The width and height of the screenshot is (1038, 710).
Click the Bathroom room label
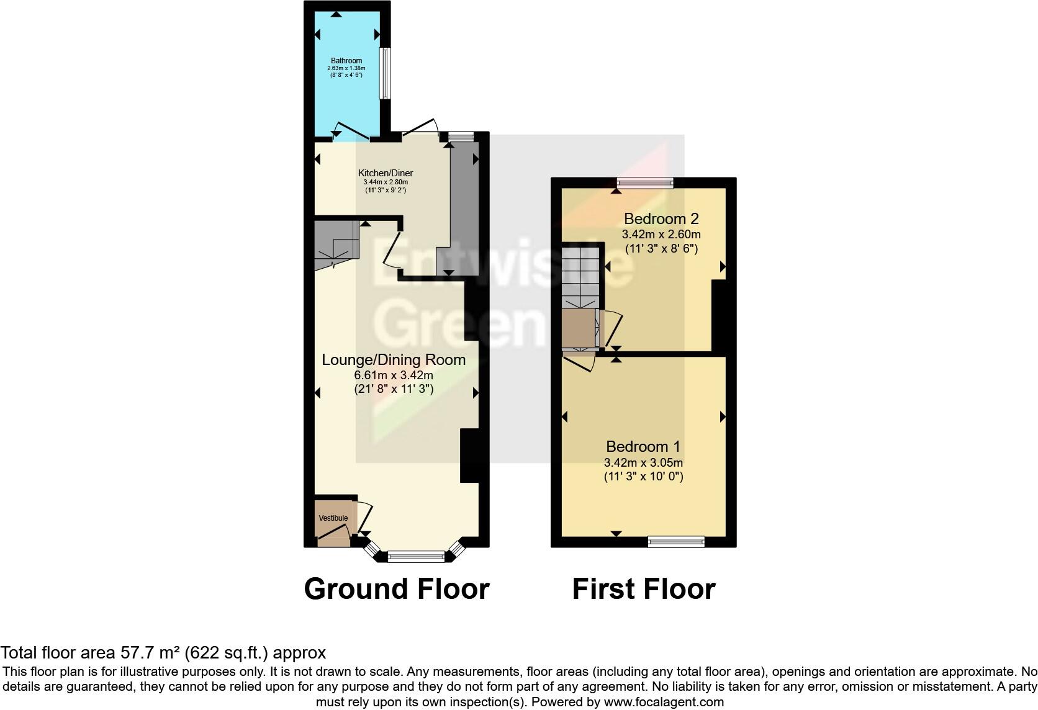[346, 61]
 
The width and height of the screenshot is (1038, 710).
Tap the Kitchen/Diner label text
[385, 173]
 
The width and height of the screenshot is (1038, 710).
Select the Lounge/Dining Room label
[393, 360]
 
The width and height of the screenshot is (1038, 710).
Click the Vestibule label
[333, 518]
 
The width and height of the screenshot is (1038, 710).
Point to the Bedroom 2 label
[661, 218]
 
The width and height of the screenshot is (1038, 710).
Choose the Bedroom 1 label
[643, 446]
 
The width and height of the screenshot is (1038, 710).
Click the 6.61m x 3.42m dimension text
[393, 375]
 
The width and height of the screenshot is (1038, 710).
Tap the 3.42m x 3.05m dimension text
[643, 462]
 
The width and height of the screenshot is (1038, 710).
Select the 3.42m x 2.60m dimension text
[661, 235]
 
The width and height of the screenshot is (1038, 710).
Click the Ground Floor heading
[397, 588]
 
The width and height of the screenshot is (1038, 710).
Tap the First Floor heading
[643, 588]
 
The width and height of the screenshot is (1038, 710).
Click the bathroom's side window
[385, 73]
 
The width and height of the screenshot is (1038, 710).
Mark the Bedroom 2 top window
[645, 182]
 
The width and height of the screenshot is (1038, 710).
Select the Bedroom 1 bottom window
[676, 542]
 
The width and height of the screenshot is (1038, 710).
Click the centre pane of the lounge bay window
[416, 557]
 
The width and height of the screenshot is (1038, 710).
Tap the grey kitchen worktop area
[464, 205]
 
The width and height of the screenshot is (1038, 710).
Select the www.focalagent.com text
[664, 702]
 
